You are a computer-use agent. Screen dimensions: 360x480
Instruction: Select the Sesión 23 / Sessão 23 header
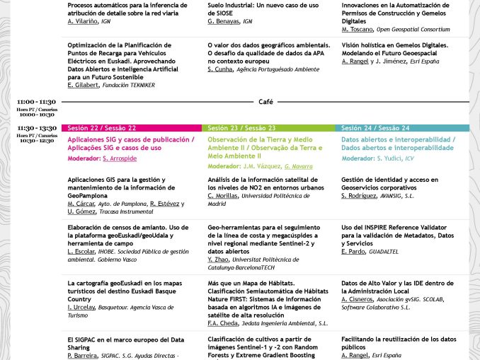pos(242,128)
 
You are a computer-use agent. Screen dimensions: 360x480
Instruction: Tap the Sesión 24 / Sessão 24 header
pos(375,128)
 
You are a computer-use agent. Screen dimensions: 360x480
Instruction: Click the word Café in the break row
pos(265,102)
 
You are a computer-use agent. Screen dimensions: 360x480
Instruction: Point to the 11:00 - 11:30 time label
pos(38,102)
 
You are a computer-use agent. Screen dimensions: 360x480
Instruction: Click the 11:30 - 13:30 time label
pos(38,128)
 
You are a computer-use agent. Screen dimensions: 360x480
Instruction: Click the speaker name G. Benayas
pos(224,22)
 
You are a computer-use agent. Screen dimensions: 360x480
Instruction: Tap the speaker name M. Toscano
pos(357,30)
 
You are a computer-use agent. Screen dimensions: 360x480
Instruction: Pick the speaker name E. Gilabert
pos(84,85)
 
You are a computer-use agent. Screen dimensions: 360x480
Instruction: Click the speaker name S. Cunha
pos(221,69)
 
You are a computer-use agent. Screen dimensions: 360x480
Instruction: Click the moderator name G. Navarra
pos(298,166)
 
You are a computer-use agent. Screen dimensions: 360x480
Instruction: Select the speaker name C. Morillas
pos(224,196)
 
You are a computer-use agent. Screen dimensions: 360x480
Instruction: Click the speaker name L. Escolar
pos(81,251)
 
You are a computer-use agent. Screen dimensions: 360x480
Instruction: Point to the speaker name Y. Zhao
pos(219,259)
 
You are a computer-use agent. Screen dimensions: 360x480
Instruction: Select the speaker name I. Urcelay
pos(83,306)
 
